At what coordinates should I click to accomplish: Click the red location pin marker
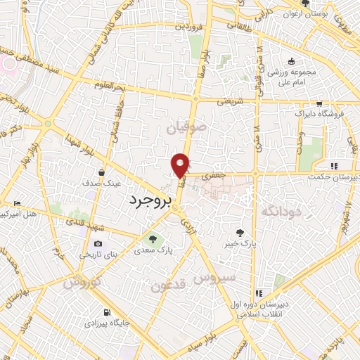(x=181, y=165)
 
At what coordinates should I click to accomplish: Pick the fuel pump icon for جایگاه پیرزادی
(x=105, y=313)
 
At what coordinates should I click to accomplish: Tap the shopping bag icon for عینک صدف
(x=103, y=172)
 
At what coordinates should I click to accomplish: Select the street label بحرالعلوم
(x=110, y=86)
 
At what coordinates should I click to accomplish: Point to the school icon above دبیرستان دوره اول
(x=259, y=292)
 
